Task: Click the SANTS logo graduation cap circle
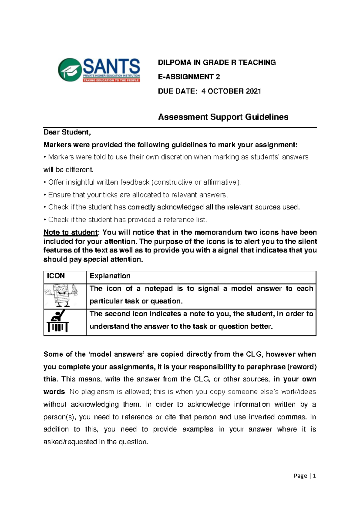tap(70, 70)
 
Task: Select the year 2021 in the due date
tap(253, 91)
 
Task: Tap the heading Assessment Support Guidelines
tap(223, 117)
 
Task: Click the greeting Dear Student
tap(67, 132)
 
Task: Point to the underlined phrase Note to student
tap(70, 232)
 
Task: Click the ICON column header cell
tap(56, 276)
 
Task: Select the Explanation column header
tap(110, 276)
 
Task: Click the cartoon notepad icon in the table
tap(61, 296)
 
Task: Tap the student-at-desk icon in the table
tap(58, 322)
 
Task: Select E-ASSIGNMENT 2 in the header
tap(189, 77)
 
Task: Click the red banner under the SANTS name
tap(111, 80)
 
